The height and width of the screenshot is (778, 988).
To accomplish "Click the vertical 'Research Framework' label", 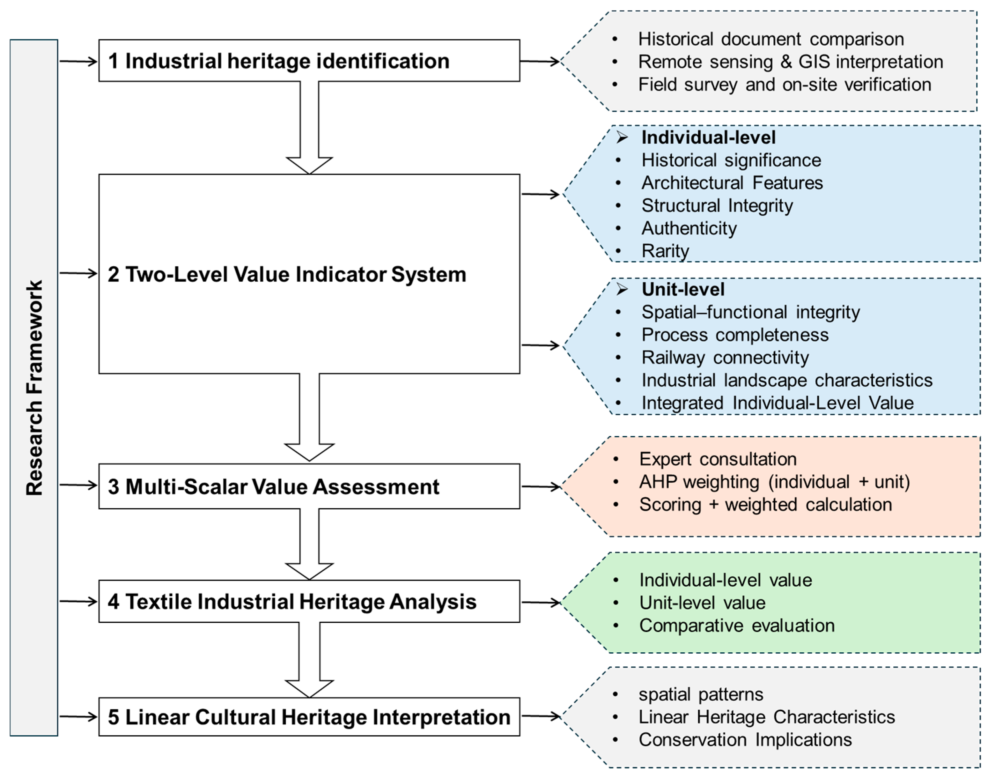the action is point(34,388).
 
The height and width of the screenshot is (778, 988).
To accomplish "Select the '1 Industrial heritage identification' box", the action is point(309,61).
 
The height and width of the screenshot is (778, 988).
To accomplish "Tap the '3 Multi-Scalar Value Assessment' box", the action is point(309,486).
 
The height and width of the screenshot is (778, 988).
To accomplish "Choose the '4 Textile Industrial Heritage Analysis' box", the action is point(309,601).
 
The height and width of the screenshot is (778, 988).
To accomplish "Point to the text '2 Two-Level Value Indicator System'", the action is point(287,274).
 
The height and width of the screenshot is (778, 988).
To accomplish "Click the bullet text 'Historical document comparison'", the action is point(771,39).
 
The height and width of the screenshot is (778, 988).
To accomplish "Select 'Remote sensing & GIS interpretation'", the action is point(790,62).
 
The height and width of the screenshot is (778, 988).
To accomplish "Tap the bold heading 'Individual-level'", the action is point(708,137).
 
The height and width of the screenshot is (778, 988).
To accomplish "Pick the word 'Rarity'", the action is point(665,251).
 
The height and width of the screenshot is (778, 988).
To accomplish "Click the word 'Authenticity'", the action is point(689,228).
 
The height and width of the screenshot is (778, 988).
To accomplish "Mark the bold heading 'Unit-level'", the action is point(683,289).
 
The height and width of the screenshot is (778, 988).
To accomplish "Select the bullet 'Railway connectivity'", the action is point(725,358).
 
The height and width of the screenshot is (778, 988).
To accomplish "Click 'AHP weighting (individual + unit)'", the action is point(774,482).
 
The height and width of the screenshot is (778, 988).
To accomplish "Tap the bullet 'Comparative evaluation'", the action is point(737,626).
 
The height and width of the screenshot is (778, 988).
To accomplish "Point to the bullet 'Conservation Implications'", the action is point(745,739).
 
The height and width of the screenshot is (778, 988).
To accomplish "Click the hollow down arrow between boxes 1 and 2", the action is point(310,128).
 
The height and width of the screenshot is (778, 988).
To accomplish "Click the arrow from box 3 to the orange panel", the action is point(541,486).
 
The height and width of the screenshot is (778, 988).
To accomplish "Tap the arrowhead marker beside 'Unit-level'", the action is point(622,289).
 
